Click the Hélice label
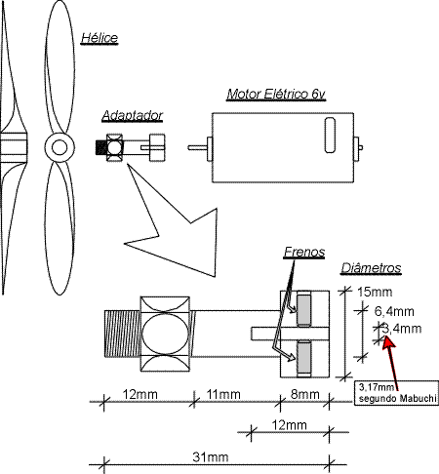(x=100, y=38)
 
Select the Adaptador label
(x=132, y=116)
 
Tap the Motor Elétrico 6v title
(x=276, y=94)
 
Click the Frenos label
(x=304, y=252)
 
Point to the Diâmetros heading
(x=371, y=268)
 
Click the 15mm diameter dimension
(x=375, y=292)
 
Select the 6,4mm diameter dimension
(x=394, y=311)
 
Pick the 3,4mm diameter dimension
(x=402, y=329)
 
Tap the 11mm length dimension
(x=223, y=394)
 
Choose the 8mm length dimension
(x=304, y=394)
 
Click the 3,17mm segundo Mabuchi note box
(x=396, y=393)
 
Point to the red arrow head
(x=387, y=342)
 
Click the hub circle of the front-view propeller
(x=60, y=148)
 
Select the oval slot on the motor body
(x=330, y=135)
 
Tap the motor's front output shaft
(x=197, y=147)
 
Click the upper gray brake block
(x=304, y=308)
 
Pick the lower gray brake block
(x=304, y=358)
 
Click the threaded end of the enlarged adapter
(x=122, y=334)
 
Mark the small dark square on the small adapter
(x=100, y=148)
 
